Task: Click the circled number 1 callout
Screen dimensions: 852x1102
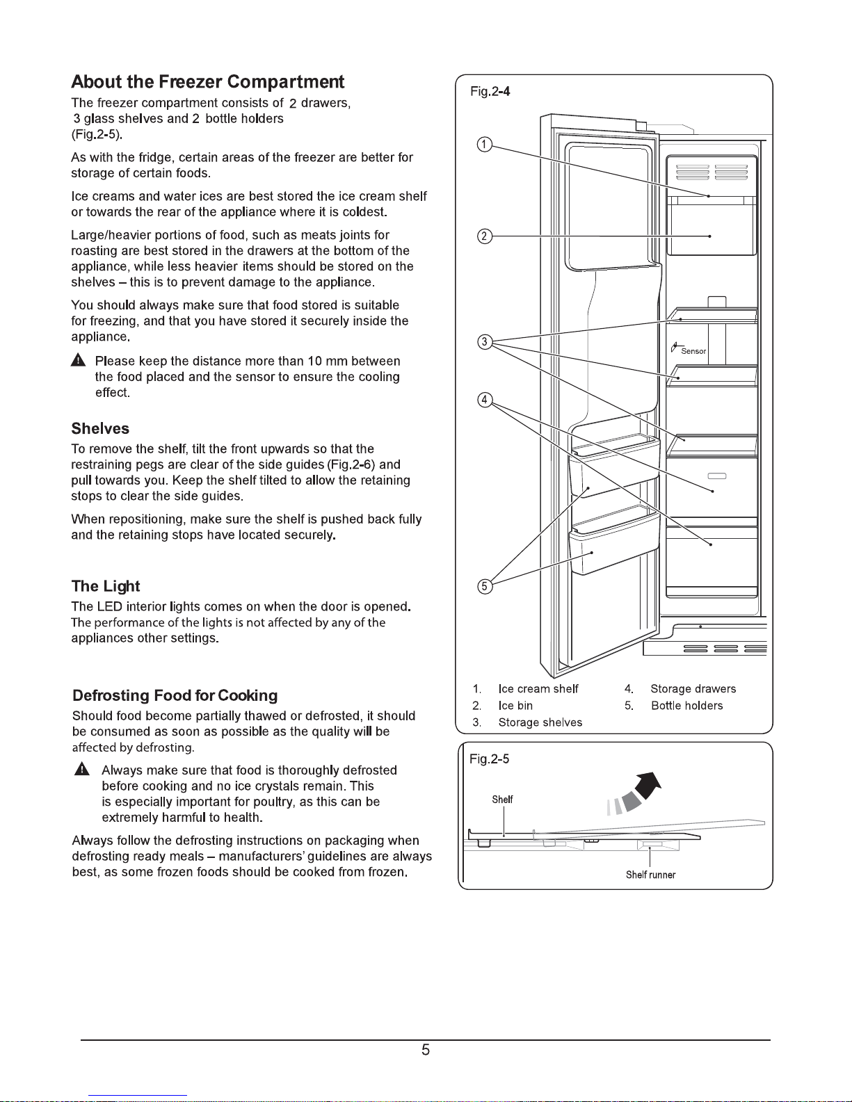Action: (x=484, y=145)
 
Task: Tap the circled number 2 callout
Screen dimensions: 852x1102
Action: (x=484, y=236)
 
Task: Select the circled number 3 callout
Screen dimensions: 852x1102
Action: (x=485, y=342)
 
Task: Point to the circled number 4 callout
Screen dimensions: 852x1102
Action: (x=485, y=400)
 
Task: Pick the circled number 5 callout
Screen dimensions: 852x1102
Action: (x=485, y=586)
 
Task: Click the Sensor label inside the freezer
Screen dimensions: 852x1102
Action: (x=693, y=351)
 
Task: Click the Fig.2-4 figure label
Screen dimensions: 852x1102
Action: (x=490, y=91)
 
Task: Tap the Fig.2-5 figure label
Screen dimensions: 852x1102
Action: (x=490, y=759)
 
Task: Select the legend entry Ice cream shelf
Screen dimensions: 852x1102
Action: (x=538, y=689)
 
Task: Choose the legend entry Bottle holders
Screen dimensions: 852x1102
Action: (x=686, y=706)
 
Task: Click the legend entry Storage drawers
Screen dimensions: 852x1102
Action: (x=693, y=689)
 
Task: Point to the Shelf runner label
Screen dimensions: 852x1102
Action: (x=651, y=875)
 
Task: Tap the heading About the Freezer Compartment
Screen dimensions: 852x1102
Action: (x=207, y=81)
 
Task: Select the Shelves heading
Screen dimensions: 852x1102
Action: (x=100, y=428)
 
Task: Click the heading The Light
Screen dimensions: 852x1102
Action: (x=106, y=586)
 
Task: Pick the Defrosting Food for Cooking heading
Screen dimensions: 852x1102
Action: (x=175, y=695)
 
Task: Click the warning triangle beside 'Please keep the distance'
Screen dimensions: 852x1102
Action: (x=78, y=360)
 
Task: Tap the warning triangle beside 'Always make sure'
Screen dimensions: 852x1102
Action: (x=81, y=770)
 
